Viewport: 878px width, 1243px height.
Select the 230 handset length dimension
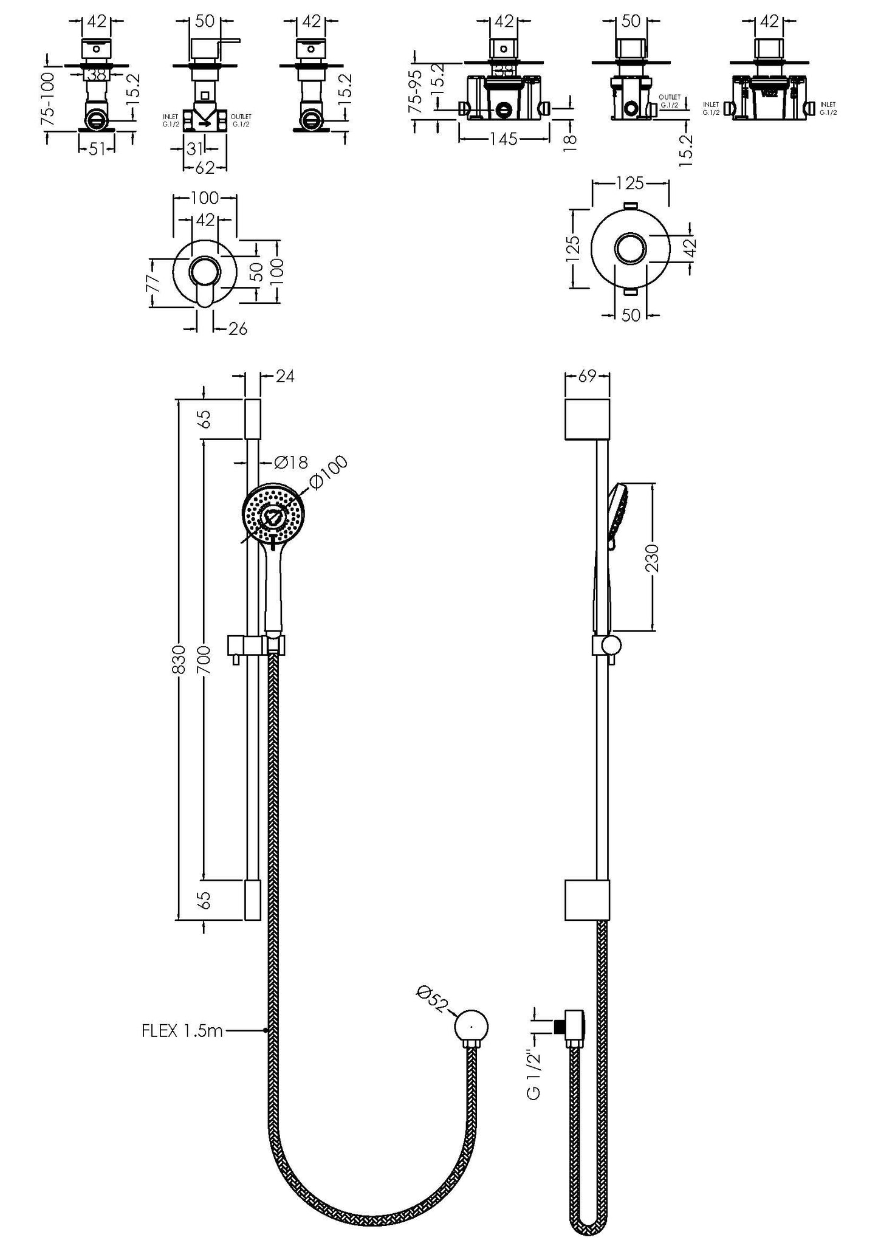(x=652, y=557)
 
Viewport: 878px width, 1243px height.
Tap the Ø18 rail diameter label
(x=291, y=463)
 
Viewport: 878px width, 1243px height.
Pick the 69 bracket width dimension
(x=587, y=376)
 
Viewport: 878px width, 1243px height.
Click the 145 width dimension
(x=503, y=139)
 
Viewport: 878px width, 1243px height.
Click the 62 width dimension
(x=205, y=168)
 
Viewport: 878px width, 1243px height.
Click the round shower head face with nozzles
(x=273, y=514)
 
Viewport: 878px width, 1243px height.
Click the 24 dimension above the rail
(x=284, y=376)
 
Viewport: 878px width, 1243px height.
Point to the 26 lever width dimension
(x=238, y=329)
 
